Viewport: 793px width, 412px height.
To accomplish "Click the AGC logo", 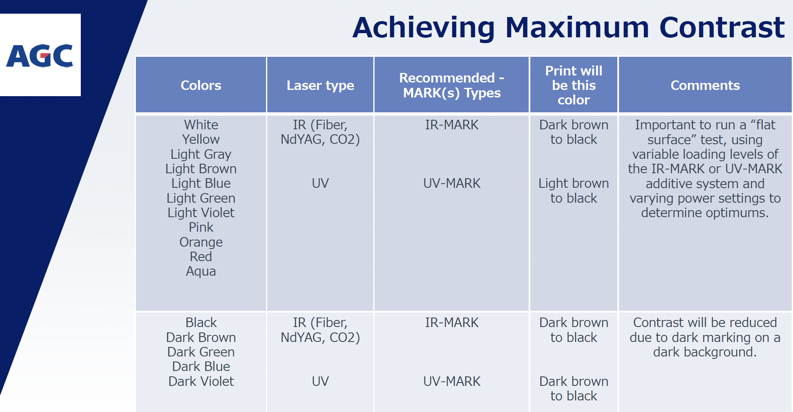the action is click(40, 56).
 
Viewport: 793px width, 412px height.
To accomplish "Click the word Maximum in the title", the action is click(577, 27).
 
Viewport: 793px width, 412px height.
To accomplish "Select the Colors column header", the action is click(201, 85).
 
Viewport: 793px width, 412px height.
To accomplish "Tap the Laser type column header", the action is click(320, 85).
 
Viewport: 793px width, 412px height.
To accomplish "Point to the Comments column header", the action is click(705, 85).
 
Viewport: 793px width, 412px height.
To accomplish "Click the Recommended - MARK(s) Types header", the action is click(452, 85).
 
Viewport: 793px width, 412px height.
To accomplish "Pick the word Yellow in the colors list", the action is click(201, 139).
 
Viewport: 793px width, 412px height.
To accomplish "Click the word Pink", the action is click(201, 227).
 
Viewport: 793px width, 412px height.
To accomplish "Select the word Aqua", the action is click(201, 271).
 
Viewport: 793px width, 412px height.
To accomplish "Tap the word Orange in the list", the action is click(201, 242).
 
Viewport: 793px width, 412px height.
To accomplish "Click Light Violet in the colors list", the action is click(201, 213).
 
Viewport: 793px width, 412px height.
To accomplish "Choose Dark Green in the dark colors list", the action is click(201, 352).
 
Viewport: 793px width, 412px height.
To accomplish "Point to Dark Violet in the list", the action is click(201, 381).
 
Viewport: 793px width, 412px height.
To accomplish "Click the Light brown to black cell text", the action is click(574, 191).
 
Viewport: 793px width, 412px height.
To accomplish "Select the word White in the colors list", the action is click(201, 125).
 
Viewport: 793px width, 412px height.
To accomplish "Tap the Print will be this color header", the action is click(574, 85).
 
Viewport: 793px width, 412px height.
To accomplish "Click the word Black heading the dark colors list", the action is click(201, 322).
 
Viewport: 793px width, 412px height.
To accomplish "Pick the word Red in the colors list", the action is click(201, 257).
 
